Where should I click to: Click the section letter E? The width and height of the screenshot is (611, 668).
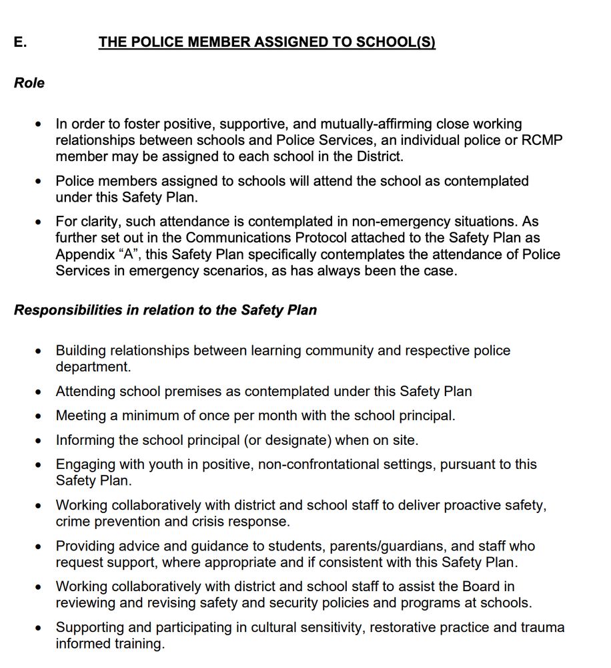[20, 42]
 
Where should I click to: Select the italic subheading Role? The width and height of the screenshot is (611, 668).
[29, 83]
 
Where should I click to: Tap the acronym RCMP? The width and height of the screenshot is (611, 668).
[546, 140]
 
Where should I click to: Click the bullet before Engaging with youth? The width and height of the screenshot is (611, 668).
[39, 465]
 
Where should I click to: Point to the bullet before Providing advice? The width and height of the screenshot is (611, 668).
[39, 547]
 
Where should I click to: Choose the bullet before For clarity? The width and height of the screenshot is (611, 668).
[39, 222]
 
